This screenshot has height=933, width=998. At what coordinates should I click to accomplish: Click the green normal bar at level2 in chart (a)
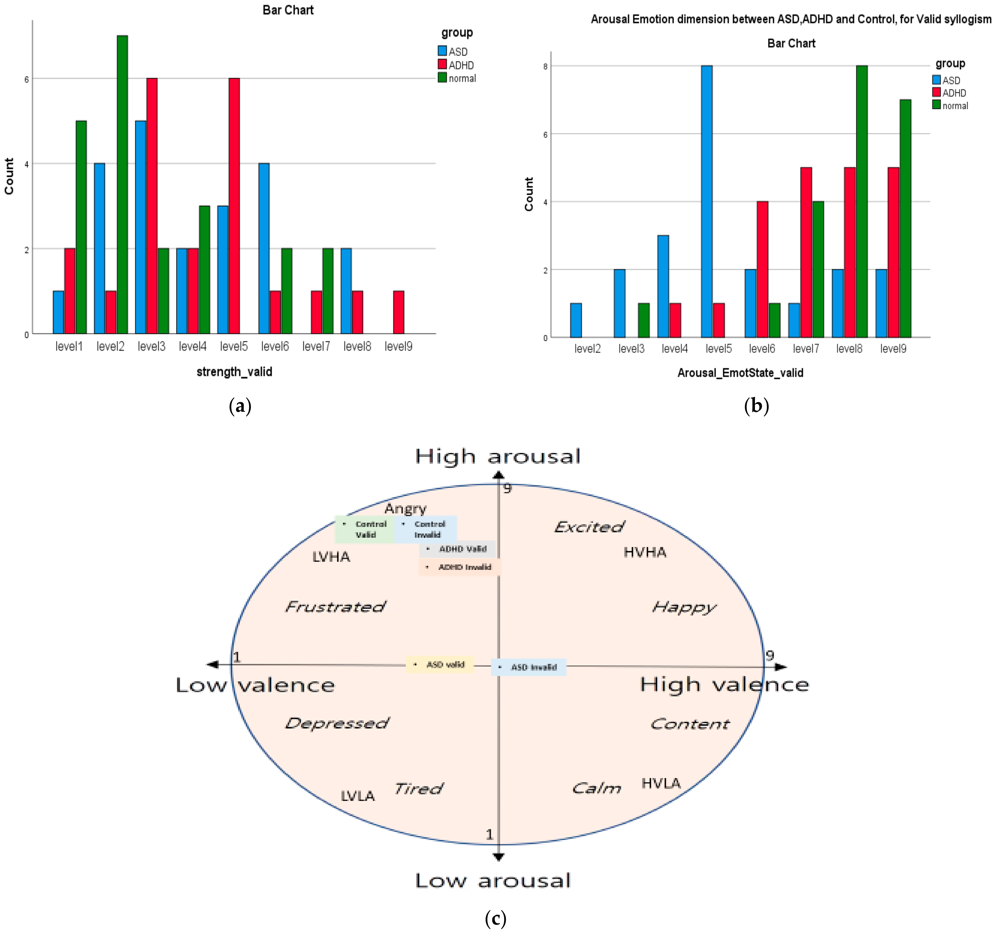(x=122, y=185)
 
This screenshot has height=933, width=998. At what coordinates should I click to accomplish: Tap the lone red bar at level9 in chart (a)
(x=399, y=312)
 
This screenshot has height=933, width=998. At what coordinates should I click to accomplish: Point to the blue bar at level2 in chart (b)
(x=576, y=320)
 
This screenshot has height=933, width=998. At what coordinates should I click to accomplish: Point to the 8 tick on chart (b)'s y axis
(x=545, y=66)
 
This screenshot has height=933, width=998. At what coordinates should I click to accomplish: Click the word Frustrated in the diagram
(x=335, y=607)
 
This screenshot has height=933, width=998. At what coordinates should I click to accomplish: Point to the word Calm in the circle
(x=596, y=788)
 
